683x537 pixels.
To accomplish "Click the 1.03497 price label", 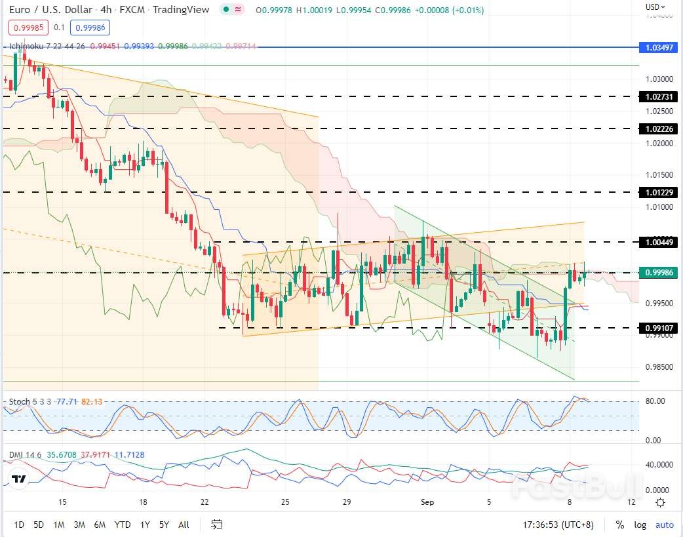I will [659, 48].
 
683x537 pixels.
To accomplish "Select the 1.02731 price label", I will [659, 96].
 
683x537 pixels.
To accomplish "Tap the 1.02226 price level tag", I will [659, 129].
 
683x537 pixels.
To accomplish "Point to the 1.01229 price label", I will [659, 192].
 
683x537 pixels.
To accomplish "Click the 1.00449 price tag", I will [659, 243].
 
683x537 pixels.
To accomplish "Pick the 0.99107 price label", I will [659, 328].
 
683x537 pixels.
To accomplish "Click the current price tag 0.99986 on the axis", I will [659, 273].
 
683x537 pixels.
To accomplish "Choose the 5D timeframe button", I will [39, 525].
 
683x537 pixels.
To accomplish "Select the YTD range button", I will [122, 525].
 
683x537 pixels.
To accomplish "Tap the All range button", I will [184, 525].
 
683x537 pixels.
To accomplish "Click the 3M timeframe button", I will [79, 525].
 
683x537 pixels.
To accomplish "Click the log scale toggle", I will [640, 525].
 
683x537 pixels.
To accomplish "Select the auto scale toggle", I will [665, 525].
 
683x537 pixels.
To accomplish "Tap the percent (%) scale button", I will [619, 525].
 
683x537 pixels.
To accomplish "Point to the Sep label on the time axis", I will [427, 502].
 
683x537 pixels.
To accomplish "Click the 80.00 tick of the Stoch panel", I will [655, 401].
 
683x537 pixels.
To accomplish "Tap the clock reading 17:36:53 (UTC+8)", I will [559, 525].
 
